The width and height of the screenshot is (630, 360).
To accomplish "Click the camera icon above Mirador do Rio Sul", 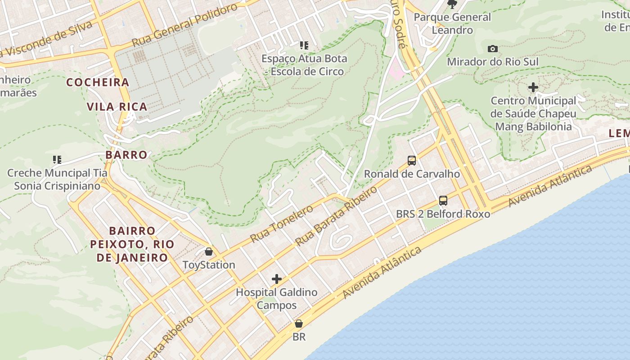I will pyautogui.click(x=493, y=49).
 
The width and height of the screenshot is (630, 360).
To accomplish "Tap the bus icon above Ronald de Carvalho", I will pyautogui.click(x=411, y=160).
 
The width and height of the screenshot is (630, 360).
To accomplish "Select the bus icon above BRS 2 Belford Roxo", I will pyautogui.click(x=443, y=200).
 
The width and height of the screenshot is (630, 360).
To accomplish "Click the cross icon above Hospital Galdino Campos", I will pyautogui.click(x=276, y=279).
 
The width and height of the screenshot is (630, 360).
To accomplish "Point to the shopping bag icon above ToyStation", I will pyautogui.click(x=208, y=251).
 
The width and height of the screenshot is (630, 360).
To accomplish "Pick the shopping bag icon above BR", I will pyautogui.click(x=298, y=324).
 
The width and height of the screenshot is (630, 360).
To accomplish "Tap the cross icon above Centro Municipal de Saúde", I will pyautogui.click(x=533, y=87).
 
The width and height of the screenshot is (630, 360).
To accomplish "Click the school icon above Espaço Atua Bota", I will pyautogui.click(x=304, y=45).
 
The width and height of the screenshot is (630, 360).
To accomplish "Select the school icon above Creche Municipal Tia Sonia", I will pyautogui.click(x=57, y=159).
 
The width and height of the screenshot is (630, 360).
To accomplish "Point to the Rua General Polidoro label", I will pyautogui.click(x=184, y=26).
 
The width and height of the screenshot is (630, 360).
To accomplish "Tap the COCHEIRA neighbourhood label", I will pyautogui.click(x=98, y=82).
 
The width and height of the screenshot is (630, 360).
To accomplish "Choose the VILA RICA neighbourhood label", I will pyautogui.click(x=117, y=107).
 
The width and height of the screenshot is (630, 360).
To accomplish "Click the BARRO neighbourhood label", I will pyautogui.click(x=126, y=155).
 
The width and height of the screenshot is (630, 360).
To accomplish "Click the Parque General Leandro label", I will pyautogui.click(x=452, y=23).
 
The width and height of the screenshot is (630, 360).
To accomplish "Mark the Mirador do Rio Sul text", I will pyautogui.click(x=492, y=62).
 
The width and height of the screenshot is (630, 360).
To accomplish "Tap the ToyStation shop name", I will pyautogui.click(x=208, y=265).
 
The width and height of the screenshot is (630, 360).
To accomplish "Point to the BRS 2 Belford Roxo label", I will pyautogui.click(x=443, y=214).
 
